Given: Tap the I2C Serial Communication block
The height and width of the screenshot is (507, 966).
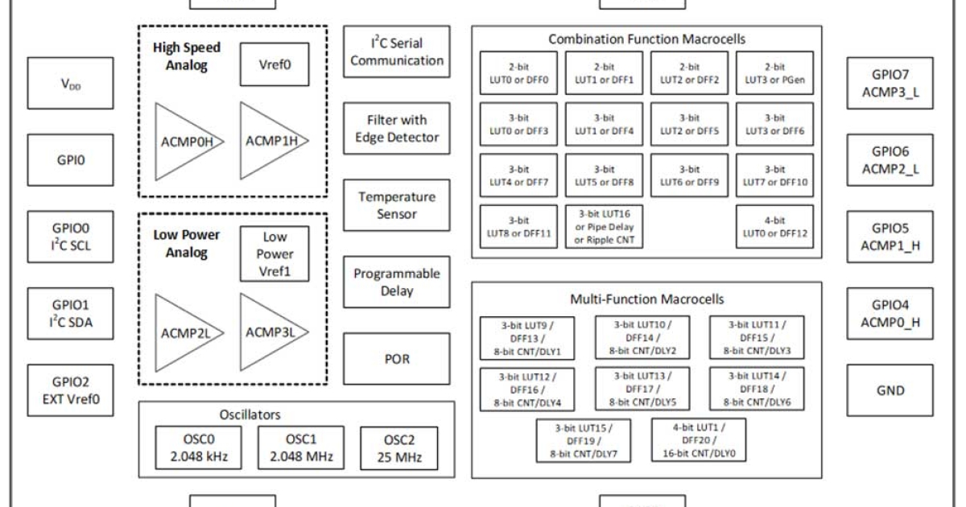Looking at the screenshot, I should pos(395,50).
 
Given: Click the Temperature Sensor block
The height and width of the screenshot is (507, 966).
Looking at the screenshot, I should pos(395,205).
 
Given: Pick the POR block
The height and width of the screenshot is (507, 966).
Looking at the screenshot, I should pos(395,359).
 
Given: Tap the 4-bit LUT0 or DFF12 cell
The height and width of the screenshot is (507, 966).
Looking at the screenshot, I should pos(774,228).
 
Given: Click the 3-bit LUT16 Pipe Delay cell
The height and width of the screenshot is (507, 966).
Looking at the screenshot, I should pos(604,228).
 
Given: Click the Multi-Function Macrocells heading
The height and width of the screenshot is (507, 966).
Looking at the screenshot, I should pos(646,299).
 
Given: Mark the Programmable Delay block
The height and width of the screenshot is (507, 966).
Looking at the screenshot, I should pos(395,282).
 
